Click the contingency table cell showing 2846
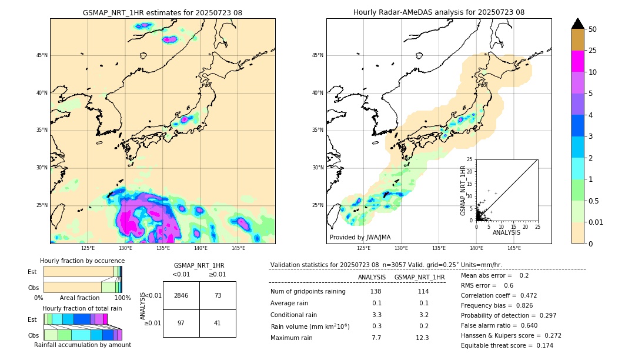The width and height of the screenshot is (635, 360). [x=181, y=295]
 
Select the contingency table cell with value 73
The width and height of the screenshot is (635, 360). [x=218, y=295]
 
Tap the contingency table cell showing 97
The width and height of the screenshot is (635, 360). [x=181, y=324]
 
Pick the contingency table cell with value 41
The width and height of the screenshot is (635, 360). [x=218, y=324]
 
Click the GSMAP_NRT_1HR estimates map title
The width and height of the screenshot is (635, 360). [x=162, y=12]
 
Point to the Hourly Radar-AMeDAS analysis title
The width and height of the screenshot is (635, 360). [x=439, y=12]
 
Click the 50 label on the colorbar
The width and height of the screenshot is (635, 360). [x=593, y=29]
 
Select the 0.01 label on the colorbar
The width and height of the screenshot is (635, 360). [x=596, y=222]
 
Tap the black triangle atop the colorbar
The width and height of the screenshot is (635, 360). [x=578, y=24]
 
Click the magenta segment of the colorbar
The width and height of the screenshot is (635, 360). [x=578, y=61]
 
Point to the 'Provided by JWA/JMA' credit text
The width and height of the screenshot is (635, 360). [x=360, y=237]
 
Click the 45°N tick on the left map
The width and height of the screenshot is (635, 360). [x=41, y=55]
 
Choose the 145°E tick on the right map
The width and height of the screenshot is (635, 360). [x=514, y=248]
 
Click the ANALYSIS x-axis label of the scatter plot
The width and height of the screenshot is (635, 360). [x=506, y=232]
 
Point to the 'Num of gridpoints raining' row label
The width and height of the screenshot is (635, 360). [x=308, y=292]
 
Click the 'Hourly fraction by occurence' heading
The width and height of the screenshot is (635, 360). [x=82, y=261]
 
